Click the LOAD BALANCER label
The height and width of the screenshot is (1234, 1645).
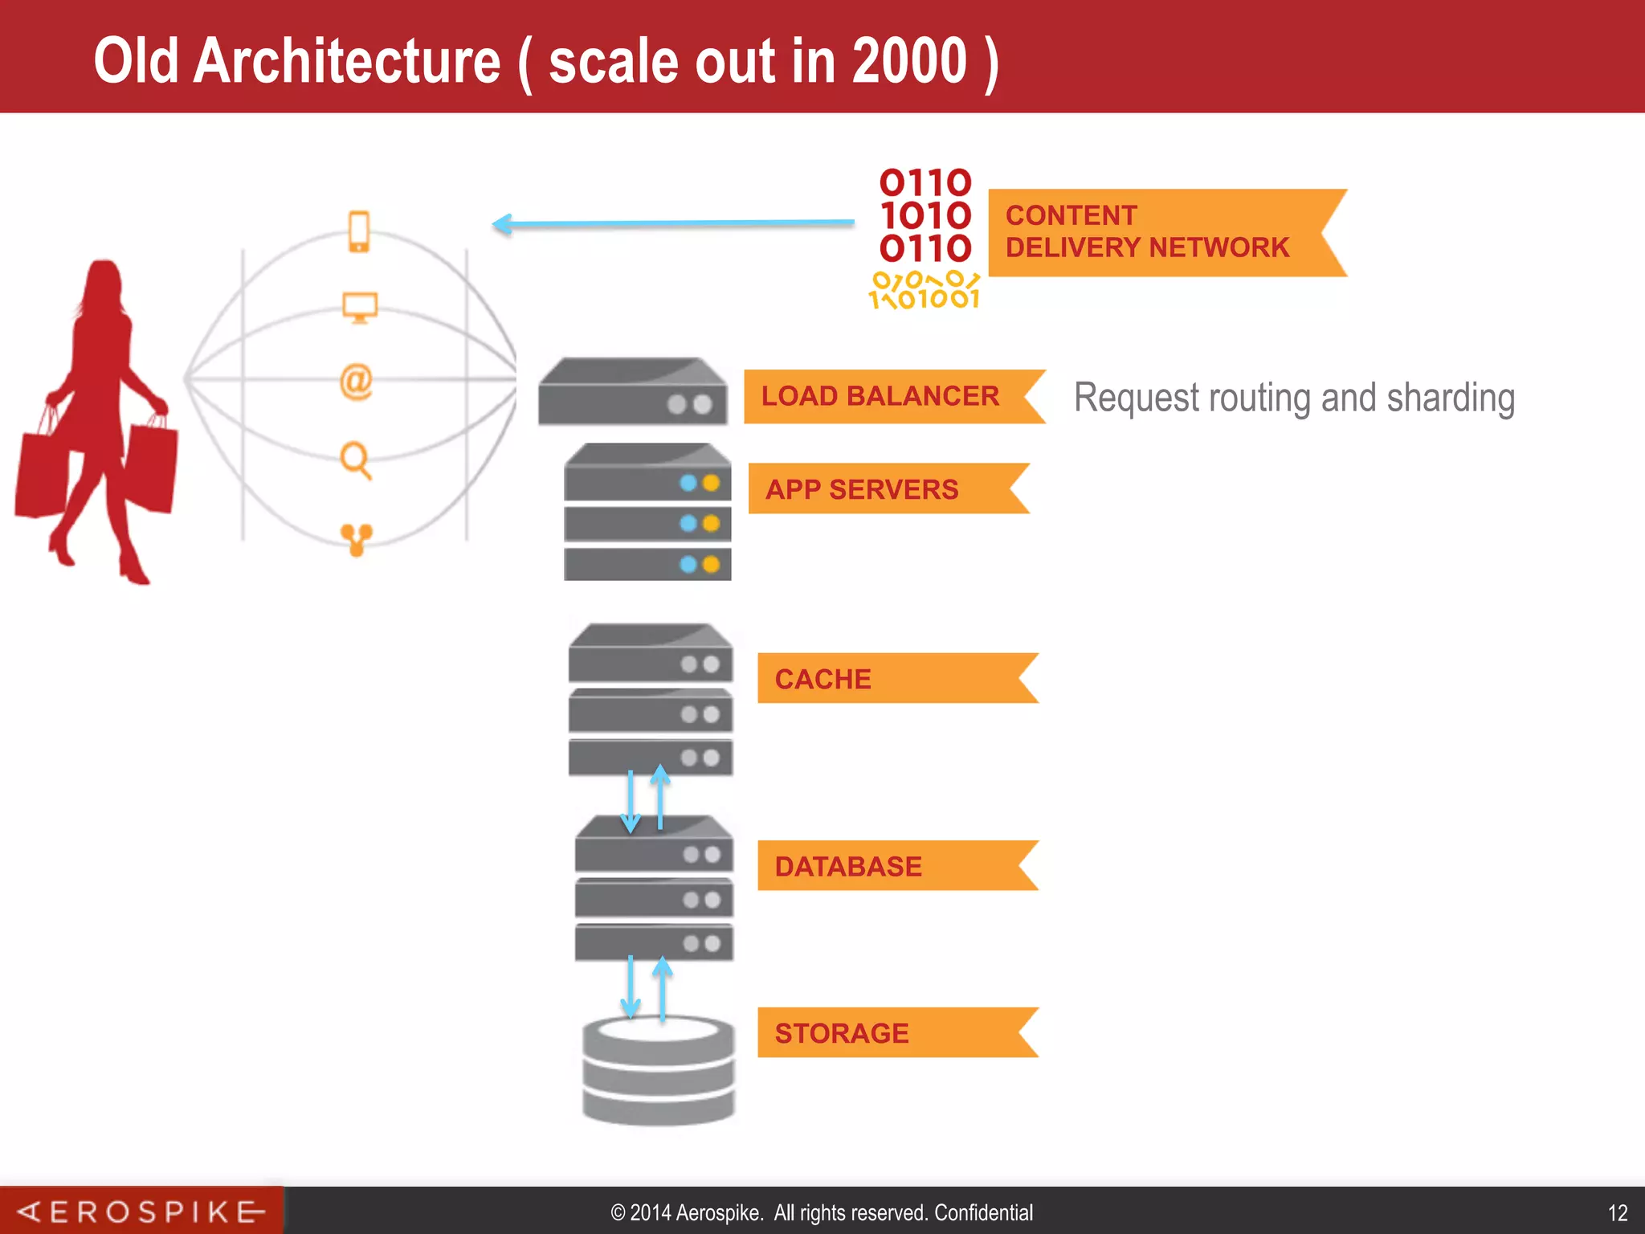point(880,396)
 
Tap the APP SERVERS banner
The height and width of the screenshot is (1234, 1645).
point(862,489)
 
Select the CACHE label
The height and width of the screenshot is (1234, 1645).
point(822,679)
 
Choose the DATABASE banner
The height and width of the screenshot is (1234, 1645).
point(848,866)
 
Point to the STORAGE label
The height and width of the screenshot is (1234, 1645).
point(842,1033)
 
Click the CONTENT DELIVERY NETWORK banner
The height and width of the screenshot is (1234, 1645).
point(1147,232)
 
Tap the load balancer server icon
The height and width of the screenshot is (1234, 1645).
point(632,392)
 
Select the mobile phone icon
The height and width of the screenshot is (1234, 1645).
point(359,231)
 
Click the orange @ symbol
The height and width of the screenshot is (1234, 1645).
point(356,381)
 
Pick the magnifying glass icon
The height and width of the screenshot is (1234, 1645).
point(355,460)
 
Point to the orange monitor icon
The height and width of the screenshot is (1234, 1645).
point(359,307)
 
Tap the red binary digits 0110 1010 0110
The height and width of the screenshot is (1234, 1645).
point(925,215)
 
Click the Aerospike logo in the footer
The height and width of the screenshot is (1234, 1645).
point(141,1212)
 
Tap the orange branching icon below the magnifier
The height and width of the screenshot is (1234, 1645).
point(356,538)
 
